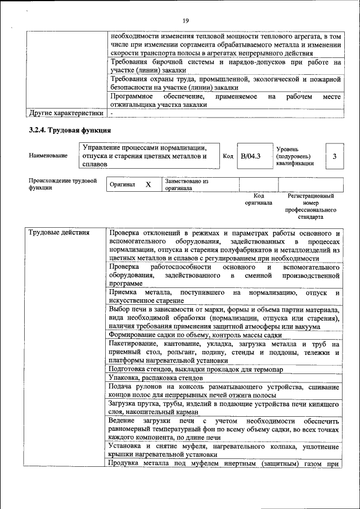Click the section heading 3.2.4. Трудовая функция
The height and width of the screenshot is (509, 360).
pyautogui.click(x=65, y=131)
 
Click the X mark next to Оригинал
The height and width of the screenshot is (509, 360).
pyautogui.click(x=148, y=184)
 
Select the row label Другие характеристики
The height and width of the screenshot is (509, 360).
pyautogui.click(x=66, y=113)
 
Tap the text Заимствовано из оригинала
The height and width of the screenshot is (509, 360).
pyautogui.click(x=187, y=185)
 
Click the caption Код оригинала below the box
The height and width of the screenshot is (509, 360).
pyautogui.click(x=258, y=199)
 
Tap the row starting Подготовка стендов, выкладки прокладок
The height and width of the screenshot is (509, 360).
pyautogui.click(x=196, y=369)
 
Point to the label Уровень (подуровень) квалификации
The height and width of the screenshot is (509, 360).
pyautogui.click(x=295, y=156)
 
